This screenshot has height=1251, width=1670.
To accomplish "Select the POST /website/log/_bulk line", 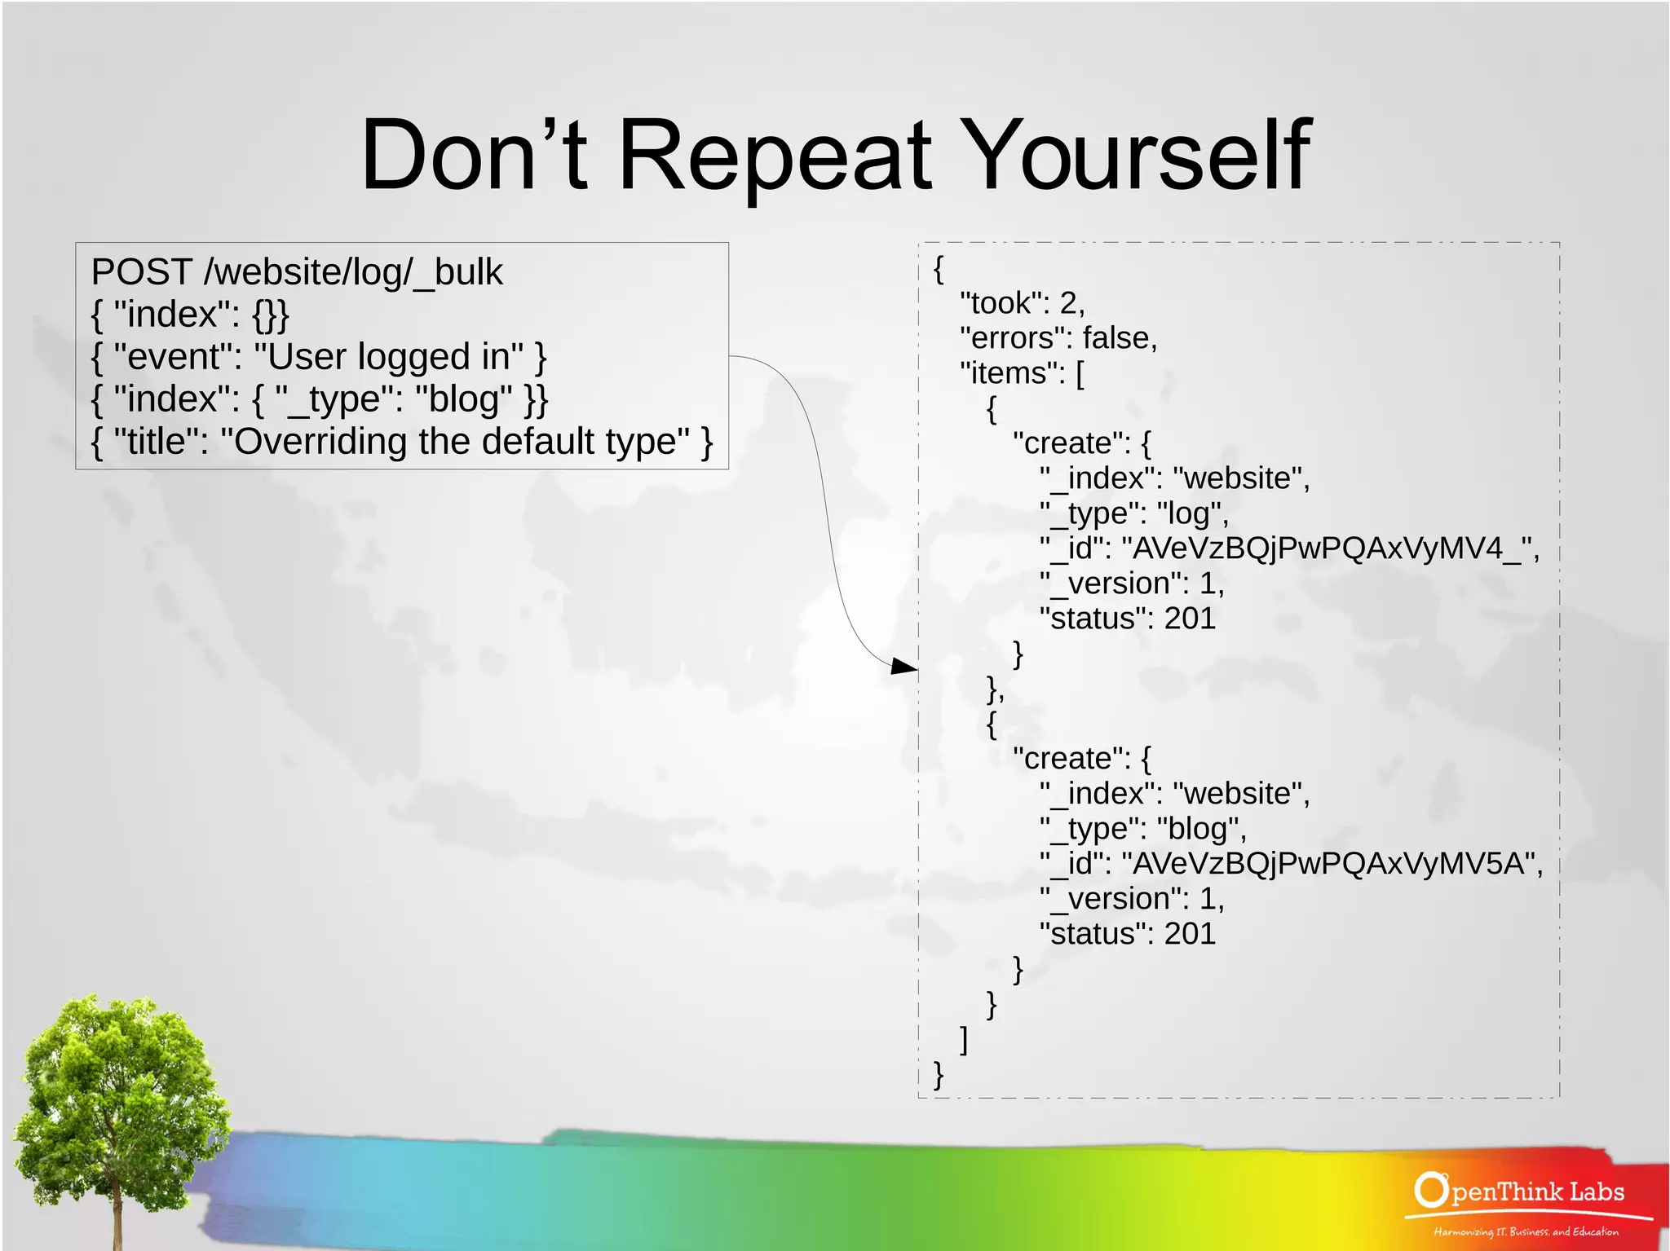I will pos(297,272).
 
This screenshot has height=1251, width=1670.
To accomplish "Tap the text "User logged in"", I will pos(395,357).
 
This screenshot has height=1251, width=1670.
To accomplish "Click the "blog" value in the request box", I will pos(464,399).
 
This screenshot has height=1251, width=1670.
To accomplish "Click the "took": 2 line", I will pos(1023,303).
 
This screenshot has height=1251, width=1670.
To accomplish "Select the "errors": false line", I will pos(1058,338).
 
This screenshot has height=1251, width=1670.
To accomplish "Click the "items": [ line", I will pos(1022,373).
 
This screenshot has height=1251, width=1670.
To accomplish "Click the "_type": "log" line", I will pos(1133,513).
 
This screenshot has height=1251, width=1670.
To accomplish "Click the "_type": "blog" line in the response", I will pos(1142,829).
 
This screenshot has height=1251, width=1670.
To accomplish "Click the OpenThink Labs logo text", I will pos(1522,1192).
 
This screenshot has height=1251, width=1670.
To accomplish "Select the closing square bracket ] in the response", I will pos(964,1040).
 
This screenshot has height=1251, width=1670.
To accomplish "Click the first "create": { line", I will pos(1081,443).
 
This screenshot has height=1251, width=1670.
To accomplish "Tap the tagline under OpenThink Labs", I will pos(1525,1232).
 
